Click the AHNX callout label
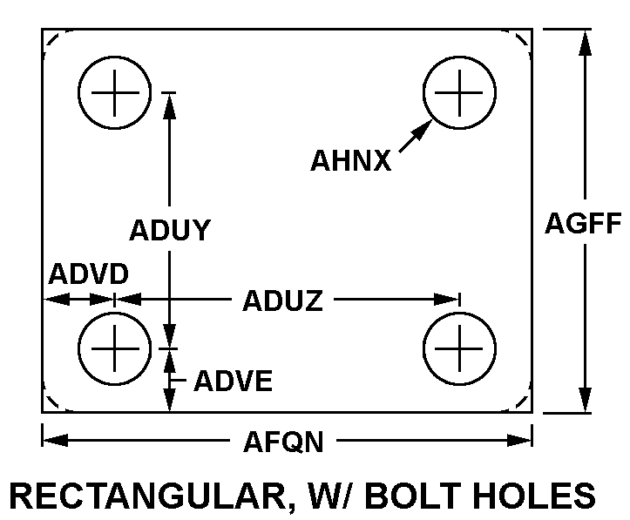click(351, 160)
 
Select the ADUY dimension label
click(170, 230)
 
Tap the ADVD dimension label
click(88, 274)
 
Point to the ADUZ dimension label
click(283, 301)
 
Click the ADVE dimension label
click(234, 381)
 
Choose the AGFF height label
click(583, 223)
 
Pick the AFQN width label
click(284, 442)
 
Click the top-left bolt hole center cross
click(115, 92)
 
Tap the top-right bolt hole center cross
click(459, 92)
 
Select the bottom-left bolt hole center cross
click(115, 348)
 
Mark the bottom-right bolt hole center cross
click(459, 348)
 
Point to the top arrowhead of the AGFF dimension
click(586, 42)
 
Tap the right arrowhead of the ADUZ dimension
click(447, 299)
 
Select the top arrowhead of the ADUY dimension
click(170, 106)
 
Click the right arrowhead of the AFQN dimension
click(519, 440)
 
